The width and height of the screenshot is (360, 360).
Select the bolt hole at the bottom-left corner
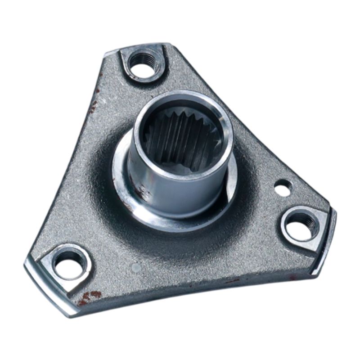pyautogui.click(x=70, y=263)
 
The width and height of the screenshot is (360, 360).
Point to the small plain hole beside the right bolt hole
pyautogui.click(x=283, y=188)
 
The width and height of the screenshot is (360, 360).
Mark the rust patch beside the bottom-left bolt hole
pyautogui.click(x=90, y=297)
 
